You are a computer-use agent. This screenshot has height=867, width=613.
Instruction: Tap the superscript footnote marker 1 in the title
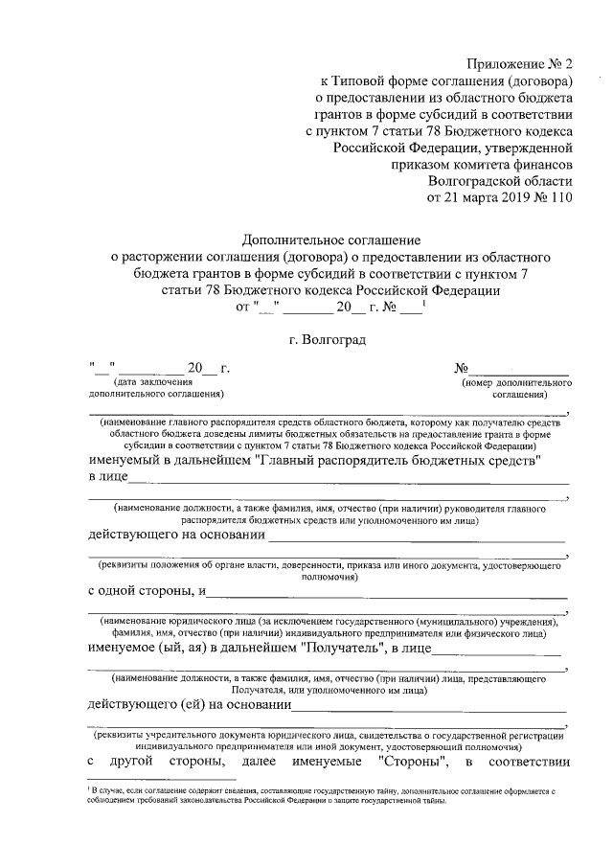pos(424,303)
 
